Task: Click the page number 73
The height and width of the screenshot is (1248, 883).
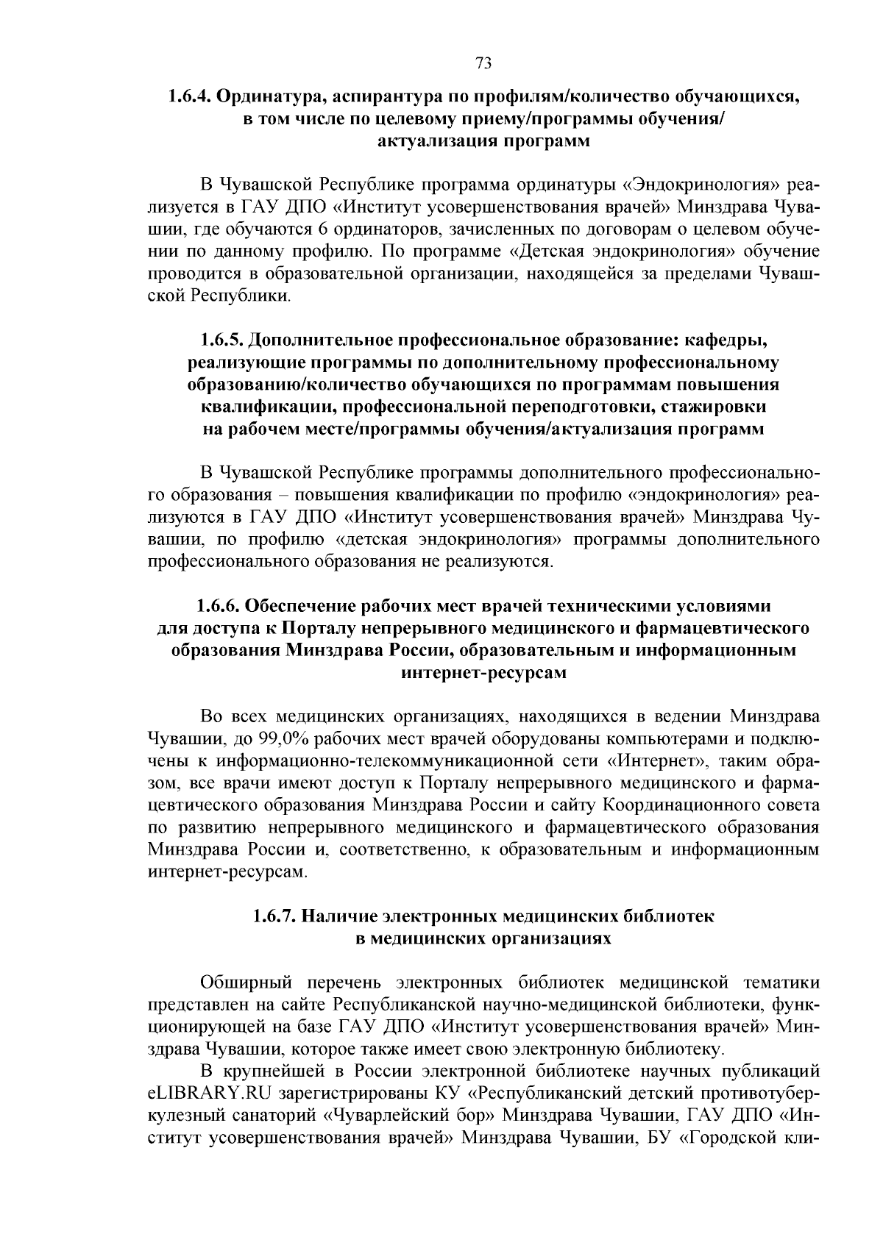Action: click(483, 63)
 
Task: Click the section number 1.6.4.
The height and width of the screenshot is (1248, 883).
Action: click(191, 97)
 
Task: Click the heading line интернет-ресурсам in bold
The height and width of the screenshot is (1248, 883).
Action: click(483, 673)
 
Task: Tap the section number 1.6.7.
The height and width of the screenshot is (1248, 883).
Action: click(274, 916)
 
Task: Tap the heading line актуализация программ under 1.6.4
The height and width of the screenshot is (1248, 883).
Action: click(483, 141)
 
